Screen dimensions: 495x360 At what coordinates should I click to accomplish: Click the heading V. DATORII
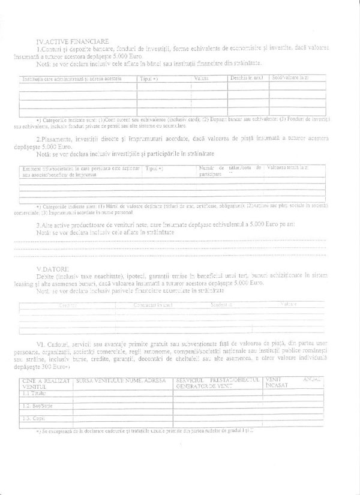point(53,268)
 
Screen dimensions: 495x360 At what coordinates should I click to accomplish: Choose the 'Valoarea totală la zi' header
point(288,167)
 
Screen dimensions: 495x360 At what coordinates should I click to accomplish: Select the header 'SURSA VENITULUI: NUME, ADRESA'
point(120,380)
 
